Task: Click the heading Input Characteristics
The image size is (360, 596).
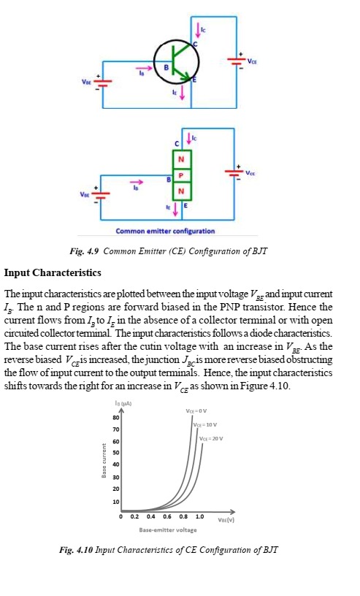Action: (53, 272)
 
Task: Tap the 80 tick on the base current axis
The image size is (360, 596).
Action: (115, 418)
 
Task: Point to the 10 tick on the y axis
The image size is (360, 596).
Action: (115, 502)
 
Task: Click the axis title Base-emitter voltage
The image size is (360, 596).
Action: (170, 530)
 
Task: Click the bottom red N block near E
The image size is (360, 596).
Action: (180, 191)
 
